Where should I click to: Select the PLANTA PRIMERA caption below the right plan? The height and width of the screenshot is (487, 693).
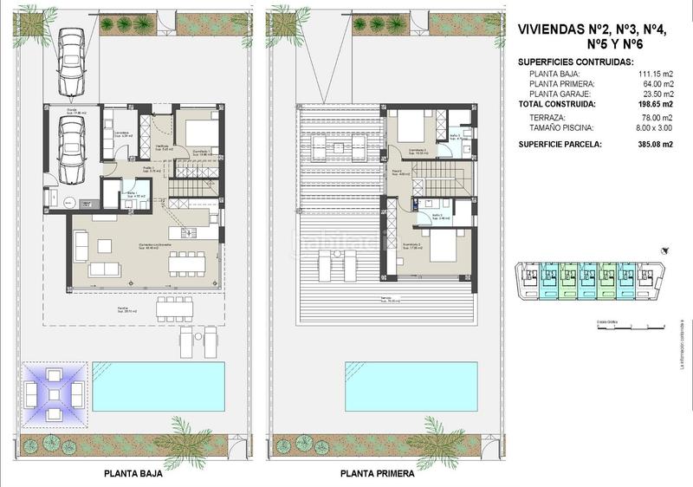tap(377, 474)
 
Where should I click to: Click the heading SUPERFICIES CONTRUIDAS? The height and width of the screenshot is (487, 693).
tap(575, 62)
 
